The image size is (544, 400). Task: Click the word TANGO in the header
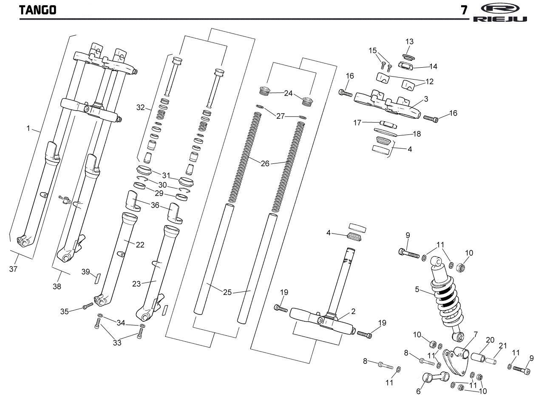click(38, 10)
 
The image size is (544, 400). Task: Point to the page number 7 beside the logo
click(465, 10)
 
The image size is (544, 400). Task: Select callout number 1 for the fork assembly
click(28, 129)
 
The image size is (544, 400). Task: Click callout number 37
click(13, 269)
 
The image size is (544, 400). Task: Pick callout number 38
click(57, 286)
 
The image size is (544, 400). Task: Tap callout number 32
click(141, 108)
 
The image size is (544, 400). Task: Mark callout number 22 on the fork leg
click(140, 245)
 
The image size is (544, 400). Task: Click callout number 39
click(85, 272)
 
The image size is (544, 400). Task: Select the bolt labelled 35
click(88, 306)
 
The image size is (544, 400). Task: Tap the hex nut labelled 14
click(406, 65)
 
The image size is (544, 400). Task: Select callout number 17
click(357, 123)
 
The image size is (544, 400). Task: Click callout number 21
click(503, 346)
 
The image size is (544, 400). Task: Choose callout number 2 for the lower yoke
click(353, 311)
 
